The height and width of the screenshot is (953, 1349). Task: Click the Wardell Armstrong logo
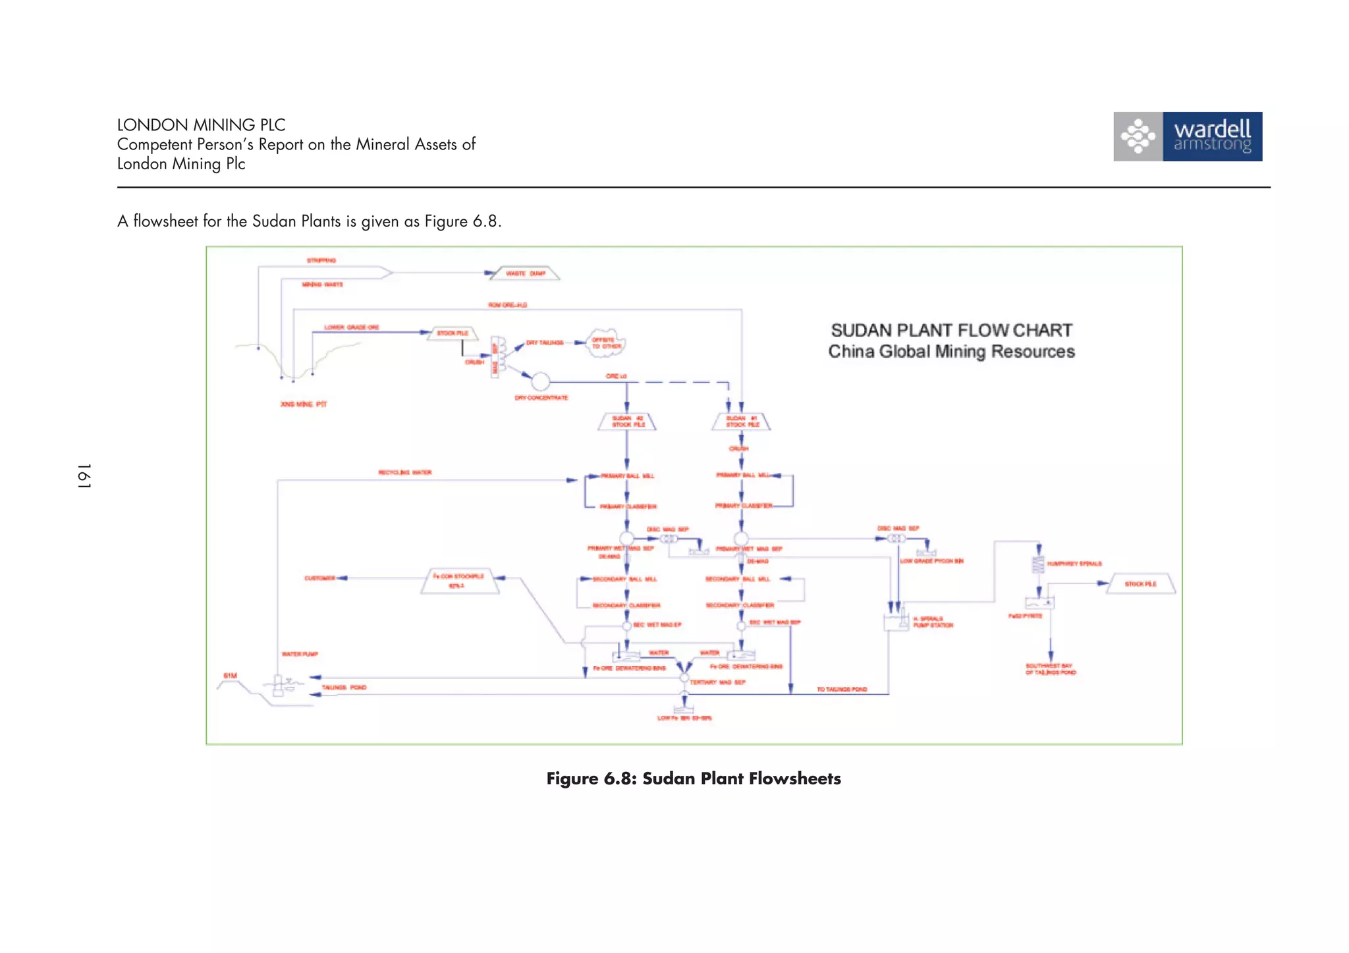tap(1187, 136)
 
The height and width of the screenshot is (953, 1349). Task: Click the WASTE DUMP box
tap(525, 273)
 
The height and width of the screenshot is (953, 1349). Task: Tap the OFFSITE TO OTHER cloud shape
tap(605, 343)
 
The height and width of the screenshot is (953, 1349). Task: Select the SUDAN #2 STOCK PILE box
tap(627, 422)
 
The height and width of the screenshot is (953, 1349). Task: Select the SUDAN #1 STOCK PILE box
tap(742, 422)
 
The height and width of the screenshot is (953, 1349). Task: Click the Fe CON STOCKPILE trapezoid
tap(459, 581)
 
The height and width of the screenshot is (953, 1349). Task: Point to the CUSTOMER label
tap(319, 578)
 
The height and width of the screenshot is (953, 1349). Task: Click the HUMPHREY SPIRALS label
tap(1074, 564)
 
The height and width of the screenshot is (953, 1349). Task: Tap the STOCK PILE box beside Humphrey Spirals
tap(1140, 584)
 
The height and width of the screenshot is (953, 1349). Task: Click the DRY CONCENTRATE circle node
tap(540, 381)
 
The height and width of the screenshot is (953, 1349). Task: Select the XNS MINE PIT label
tap(303, 404)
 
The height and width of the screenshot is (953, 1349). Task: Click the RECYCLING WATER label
tap(404, 472)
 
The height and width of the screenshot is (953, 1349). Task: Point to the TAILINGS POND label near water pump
tap(343, 688)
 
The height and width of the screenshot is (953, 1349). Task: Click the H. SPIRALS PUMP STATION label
tap(932, 622)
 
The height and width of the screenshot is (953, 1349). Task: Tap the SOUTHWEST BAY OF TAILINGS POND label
tap(1050, 669)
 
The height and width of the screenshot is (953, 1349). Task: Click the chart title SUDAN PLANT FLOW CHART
tap(951, 331)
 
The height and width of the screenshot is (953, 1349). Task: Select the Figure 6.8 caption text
tap(693, 778)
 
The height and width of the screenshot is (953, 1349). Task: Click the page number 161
tap(84, 476)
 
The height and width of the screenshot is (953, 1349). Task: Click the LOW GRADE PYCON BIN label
tap(931, 561)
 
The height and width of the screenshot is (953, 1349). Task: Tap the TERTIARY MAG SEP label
tap(717, 682)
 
